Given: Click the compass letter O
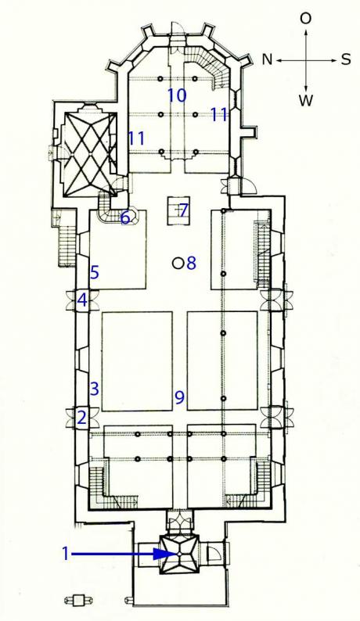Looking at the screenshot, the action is pos(305,18).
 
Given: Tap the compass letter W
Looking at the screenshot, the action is pos(306,101).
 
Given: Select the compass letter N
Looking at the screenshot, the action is pos(268,59).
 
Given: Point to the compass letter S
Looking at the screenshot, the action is pos(346,59).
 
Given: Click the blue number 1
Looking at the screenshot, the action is pos(66,553).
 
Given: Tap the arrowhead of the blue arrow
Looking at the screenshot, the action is pos(164,554).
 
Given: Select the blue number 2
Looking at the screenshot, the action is pos(81,418).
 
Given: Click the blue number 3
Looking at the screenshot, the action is pos(94,389).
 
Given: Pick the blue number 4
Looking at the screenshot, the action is pos(82,300).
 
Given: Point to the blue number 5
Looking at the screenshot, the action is pos(95,273).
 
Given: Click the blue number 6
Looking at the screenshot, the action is pos(125,218).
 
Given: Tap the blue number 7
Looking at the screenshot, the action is pos(183,210).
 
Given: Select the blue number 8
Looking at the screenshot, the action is pos(191,263).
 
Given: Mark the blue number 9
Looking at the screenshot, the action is pos(179,397).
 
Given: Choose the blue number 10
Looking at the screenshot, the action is pos(177,95).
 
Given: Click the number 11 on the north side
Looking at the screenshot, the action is pos(136,138).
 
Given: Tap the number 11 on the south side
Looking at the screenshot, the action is pos(219,114).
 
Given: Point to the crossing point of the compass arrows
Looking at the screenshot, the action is pos(306,60).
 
